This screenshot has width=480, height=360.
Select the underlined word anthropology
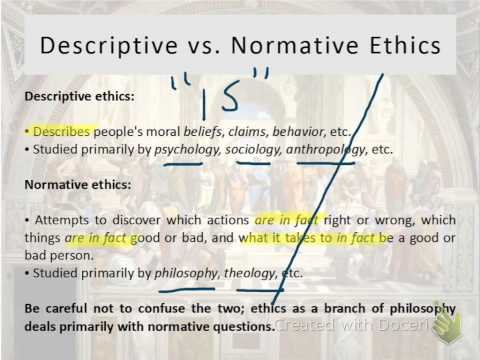coord(326,150)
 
